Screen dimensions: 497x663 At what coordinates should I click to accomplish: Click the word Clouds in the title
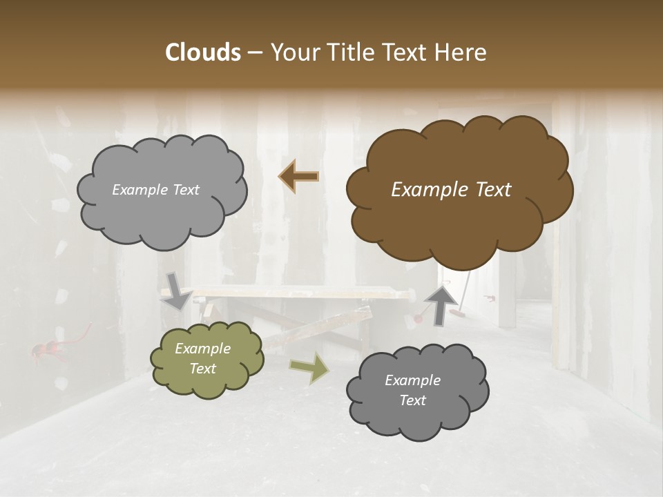203,52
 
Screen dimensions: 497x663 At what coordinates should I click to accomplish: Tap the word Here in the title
461,52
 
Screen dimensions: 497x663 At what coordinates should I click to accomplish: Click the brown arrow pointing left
298,177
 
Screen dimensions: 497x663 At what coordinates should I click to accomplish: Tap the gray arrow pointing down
177,289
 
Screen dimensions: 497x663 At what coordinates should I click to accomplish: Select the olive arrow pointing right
309,368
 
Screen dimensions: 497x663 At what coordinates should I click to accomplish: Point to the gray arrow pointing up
441,304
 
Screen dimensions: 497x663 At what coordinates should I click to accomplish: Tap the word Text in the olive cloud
202,369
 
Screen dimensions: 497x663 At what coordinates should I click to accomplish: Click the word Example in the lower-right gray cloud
412,380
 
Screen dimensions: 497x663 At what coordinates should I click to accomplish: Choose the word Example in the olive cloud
202,349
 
